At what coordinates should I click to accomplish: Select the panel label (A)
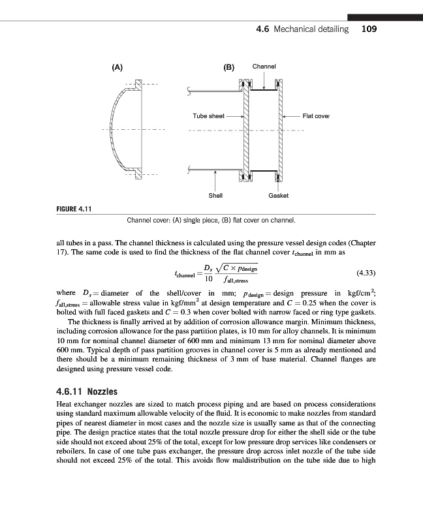pyautogui.click(x=117, y=67)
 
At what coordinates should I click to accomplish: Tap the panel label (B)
pyautogui.click(x=229, y=67)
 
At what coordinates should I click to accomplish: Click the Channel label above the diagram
pyautogui.click(x=264, y=67)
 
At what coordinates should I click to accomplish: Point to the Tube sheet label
pyautogui.click(x=208, y=116)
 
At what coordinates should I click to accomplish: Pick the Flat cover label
pyautogui.click(x=316, y=116)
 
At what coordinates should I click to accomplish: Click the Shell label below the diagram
pyautogui.click(x=215, y=196)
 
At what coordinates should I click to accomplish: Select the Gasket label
pyautogui.click(x=279, y=196)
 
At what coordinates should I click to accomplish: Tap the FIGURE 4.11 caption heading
pyautogui.click(x=72, y=209)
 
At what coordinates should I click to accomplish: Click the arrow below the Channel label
pyautogui.click(x=264, y=82)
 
